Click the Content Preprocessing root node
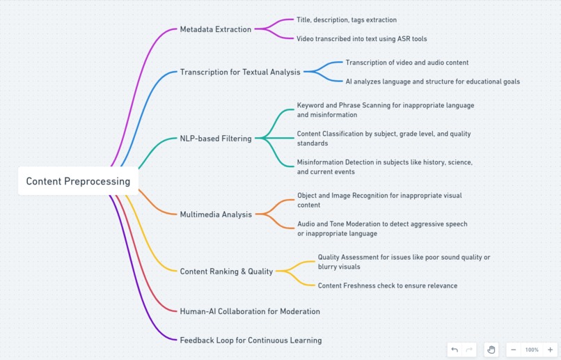pyautogui.click(x=78, y=181)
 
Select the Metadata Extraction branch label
pyautogui.click(x=215, y=29)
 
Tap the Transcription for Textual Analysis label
pyautogui.click(x=240, y=72)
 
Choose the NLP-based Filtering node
pyautogui.click(x=215, y=139)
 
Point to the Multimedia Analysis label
pyautogui.click(x=216, y=214)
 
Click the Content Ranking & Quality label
pyautogui.click(x=226, y=272)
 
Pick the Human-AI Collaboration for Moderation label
pyautogui.click(x=250, y=311)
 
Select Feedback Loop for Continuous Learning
pyautogui.click(x=251, y=341)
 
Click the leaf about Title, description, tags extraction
pyautogui.click(x=347, y=20)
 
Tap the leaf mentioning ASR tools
pyautogui.click(x=361, y=39)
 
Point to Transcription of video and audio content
pyautogui.click(x=406, y=63)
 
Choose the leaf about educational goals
pyautogui.click(x=432, y=81)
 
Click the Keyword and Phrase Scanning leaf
pyautogui.click(x=386, y=110)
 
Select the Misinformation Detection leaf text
pyautogui.click(x=385, y=166)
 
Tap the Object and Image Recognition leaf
pyautogui.click(x=379, y=200)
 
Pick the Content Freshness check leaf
pyautogui.click(x=388, y=285)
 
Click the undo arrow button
pyautogui.click(x=455, y=350)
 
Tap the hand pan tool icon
pyautogui.click(x=491, y=350)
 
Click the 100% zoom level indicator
pyautogui.click(x=532, y=350)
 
